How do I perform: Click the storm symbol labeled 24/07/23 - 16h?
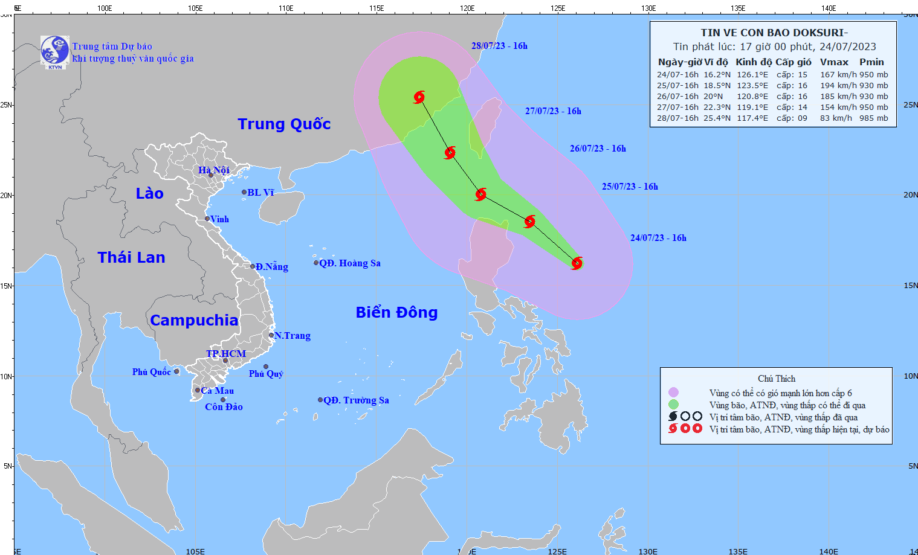(577, 263)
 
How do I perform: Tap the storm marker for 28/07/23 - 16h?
(419, 97)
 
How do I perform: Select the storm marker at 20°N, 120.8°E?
(480, 194)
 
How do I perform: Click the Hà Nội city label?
(214, 170)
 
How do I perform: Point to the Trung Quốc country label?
(284, 124)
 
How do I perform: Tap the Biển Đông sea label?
(396, 312)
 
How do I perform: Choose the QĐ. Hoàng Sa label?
(350, 263)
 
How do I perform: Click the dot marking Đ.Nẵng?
(253, 266)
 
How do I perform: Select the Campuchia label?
(194, 320)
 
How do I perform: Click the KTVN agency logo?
(55, 51)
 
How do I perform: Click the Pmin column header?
(871, 62)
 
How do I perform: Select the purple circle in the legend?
(673, 393)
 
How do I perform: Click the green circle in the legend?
(673, 405)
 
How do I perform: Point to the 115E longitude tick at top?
(377, 8)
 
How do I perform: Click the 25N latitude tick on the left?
(7, 105)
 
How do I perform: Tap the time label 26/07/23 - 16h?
(598, 149)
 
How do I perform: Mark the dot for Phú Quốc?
(176, 371)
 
